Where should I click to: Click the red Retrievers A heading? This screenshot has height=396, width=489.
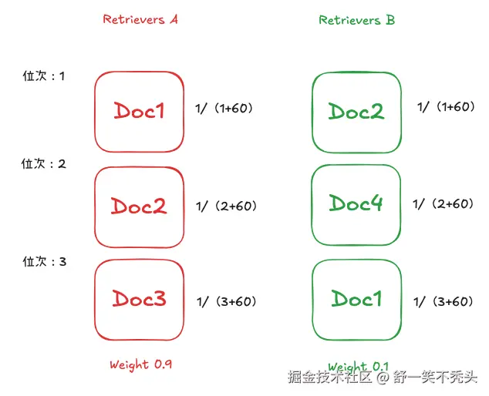tap(140, 19)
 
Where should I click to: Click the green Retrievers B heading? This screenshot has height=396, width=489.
tap(356, 20)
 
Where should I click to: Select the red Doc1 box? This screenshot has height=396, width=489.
tap(140, 111)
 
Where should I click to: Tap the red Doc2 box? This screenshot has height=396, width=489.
tap(139, 206)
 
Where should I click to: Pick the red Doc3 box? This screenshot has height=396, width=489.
tap(140, 298)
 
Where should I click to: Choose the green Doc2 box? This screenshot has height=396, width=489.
tap(356, 111)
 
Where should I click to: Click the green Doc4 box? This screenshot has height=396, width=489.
tap(356, 203)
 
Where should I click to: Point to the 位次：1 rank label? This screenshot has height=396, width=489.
tap(44, 76)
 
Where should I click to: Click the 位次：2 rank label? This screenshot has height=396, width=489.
tap(44, 163)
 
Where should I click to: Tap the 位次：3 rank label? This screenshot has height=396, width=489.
tap(44, 262)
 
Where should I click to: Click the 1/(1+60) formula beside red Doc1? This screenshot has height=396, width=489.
tap(224, 109)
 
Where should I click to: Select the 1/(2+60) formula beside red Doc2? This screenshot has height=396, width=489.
tap(226, 206)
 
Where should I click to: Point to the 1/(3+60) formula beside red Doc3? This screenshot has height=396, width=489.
tap(227, 301)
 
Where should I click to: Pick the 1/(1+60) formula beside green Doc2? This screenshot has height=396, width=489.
tap(446, 106)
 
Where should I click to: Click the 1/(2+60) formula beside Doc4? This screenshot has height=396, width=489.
tap(443, 203)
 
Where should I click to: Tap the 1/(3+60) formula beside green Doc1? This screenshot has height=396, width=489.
tap(443, 301)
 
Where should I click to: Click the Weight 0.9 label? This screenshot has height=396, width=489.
tap(140, 364)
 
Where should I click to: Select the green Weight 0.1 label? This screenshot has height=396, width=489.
tap(358, 366)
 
